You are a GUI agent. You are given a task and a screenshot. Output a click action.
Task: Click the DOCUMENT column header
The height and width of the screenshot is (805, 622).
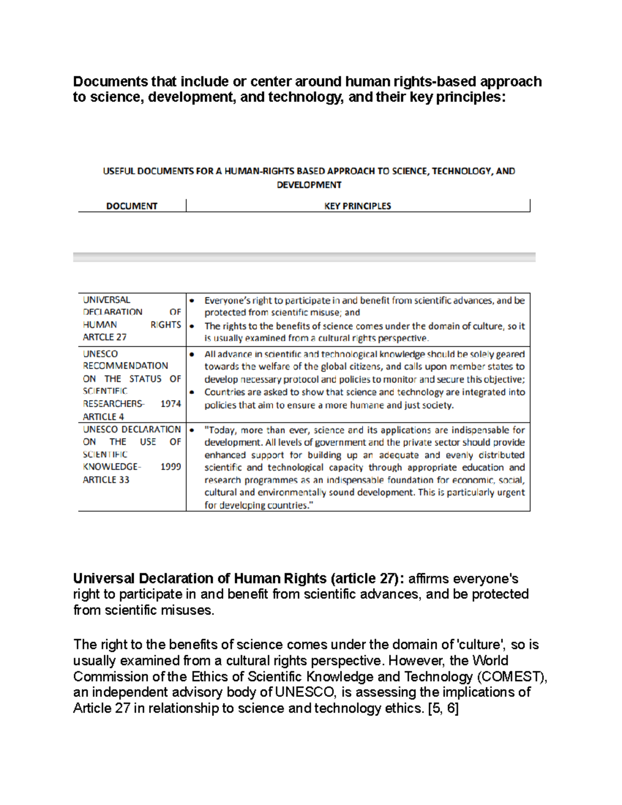[x=132, y=206]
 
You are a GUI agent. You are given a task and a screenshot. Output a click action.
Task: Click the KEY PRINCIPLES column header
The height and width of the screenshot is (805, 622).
[x=357, y=206]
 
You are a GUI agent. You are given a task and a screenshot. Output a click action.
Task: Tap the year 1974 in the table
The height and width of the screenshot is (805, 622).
[x=171, y=404]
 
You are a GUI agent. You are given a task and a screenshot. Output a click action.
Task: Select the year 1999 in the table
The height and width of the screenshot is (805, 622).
[x=171, y=467]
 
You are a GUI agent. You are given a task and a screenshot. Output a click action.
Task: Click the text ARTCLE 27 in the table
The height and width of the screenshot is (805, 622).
[x=105, y=337]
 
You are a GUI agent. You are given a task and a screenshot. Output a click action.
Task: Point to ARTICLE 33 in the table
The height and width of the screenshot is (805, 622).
[x=106, y=480]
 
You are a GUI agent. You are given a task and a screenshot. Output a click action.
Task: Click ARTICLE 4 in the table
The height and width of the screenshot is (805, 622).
[x=103, y=417]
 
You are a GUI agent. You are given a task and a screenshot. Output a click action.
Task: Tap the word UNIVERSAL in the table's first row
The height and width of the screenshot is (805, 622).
[x=107, y=300]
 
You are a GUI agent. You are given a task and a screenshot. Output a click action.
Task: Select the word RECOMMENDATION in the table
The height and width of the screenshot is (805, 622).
[x=125, y=366]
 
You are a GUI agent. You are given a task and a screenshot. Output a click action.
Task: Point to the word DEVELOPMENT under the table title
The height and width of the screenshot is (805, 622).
[x=309, y=185]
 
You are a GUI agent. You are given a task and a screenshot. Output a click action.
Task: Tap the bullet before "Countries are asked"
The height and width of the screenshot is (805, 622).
[x=192, y=392]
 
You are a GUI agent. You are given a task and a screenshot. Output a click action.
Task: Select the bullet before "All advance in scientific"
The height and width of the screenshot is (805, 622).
[x=192, y=355]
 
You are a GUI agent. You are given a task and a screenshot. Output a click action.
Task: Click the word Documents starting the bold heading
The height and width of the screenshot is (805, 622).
[x=110, y=82]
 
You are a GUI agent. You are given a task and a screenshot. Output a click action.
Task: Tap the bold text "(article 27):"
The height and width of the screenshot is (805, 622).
[x=367, y=578]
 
